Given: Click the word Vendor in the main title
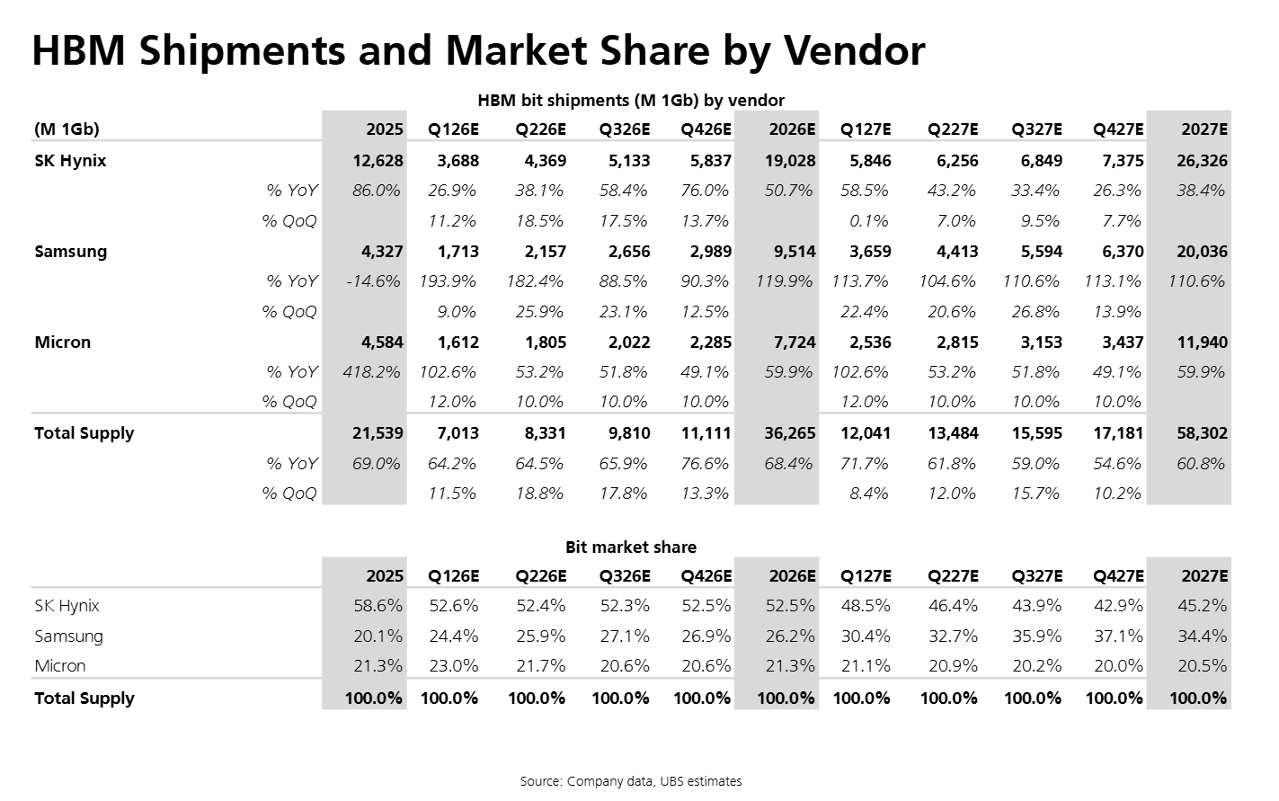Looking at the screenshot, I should point(853,50).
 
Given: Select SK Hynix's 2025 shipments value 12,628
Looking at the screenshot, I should point(378,161).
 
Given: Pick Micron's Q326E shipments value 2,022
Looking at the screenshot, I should point(625,343).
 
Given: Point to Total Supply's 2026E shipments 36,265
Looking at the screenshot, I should point(786,433).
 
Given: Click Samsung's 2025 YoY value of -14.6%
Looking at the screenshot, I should point(373,281).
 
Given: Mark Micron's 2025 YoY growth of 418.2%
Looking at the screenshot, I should point(371,372).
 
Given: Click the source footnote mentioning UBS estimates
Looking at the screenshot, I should point(631,781).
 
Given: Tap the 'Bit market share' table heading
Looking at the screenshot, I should point(631,547).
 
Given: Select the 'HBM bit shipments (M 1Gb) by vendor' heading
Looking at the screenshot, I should point(631,101).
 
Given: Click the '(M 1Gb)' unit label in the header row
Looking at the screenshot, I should point(67,129).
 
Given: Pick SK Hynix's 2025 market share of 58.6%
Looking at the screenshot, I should point(377,606).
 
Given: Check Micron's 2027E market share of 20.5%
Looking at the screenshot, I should point(1202,666).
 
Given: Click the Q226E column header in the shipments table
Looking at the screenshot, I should point(540,129).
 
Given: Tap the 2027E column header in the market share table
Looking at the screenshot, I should point(1204,576).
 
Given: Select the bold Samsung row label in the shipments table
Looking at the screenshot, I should point(70,252).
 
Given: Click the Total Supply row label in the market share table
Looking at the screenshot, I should point(84,699).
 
